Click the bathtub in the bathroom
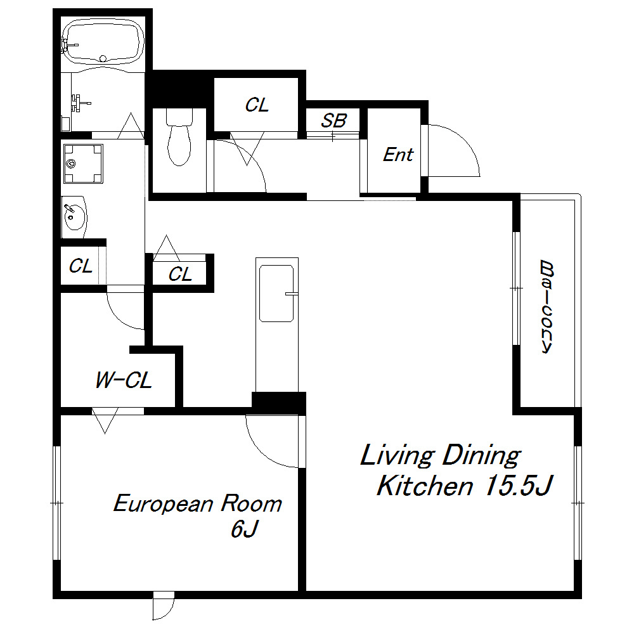[x=103, y=42]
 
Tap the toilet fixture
[x=179, y=137]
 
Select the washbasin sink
[x=74, y=217]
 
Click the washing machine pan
[x=83, y=164]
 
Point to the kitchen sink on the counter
[x=276, y=293]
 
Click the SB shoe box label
[x=333, y=120]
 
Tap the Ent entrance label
[x=398, y=155]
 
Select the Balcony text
[x=547, y=307]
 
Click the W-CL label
[x=124, y=380]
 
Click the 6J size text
[x=244, y=528]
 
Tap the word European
[x=163, y=504]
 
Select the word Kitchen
[x=425, y=485]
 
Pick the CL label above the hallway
[x=257, y=105]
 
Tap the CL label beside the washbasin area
[x=81, y=266]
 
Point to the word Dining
[x=481, y=456]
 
